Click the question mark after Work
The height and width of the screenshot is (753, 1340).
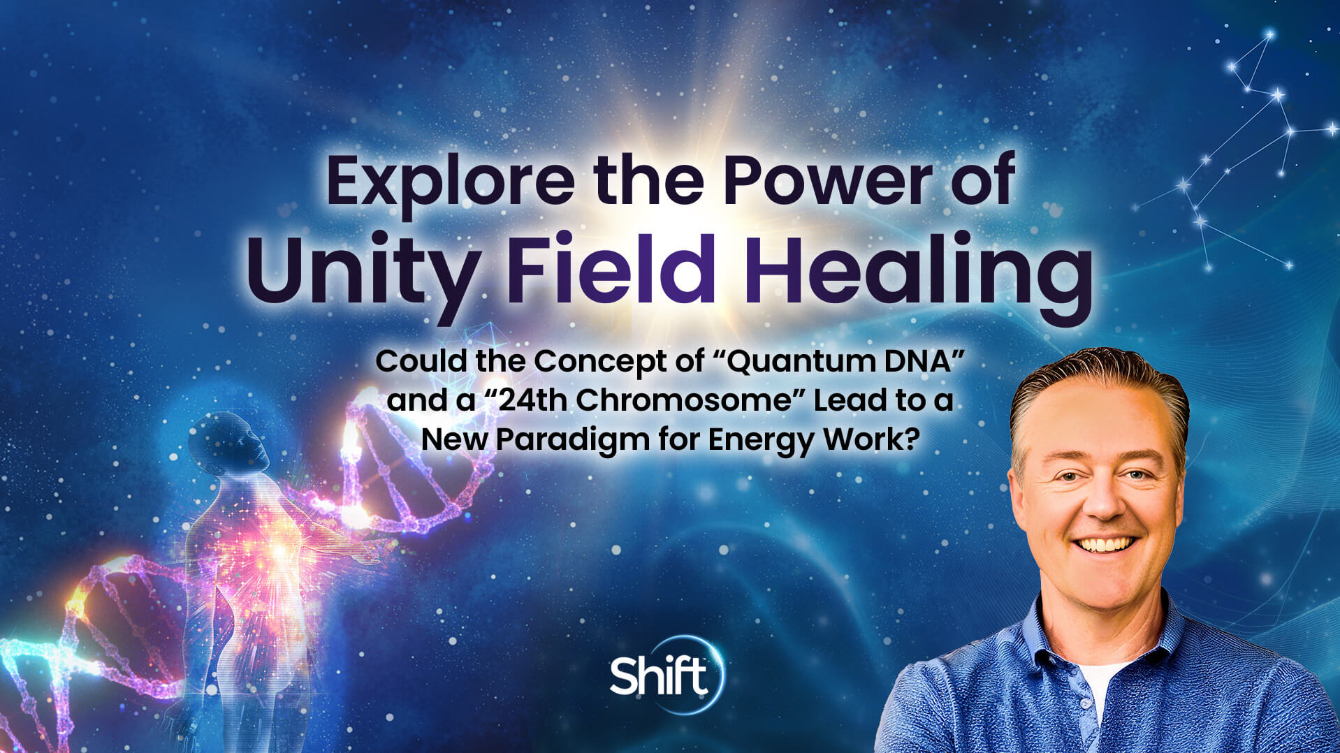pos(909,439)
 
